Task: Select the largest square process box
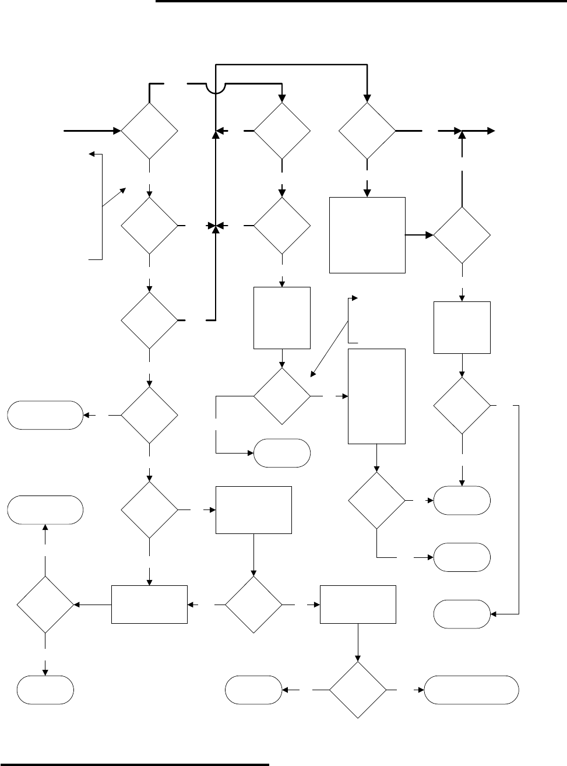pos(367,234)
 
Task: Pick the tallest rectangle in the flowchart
pos(376,396)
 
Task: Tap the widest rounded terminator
pos(472,690)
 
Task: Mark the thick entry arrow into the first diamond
pos(93,131)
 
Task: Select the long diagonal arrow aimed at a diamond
pos(332,338)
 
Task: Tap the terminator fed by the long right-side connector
pos(463,614)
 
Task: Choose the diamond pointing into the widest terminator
pos(357,690)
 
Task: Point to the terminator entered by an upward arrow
pos(45,510)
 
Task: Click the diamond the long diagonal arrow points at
pos(282,396)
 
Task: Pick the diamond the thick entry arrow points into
pos(149,131)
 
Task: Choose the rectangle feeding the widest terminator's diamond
pos(358,605)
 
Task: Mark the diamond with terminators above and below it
pos(45,605)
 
